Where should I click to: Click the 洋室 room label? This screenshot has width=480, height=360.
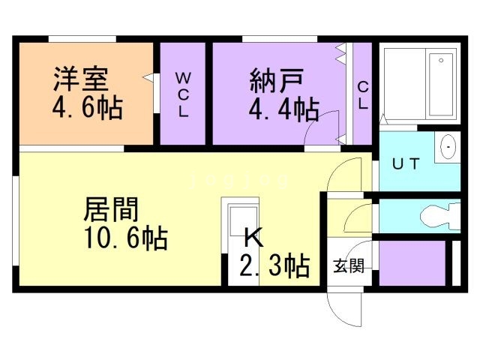pyautogui.click(x=80, y=79)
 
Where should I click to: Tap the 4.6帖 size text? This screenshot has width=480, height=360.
pyautogui.click(x=88, y=108)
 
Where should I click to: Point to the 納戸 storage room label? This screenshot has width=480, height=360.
pyautogui.click(x=277, y=81)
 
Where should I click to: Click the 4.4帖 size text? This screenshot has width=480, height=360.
pyautogui.click(x=283, y=109)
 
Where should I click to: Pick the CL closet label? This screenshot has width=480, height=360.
pyautogui.click(x=363, y=95)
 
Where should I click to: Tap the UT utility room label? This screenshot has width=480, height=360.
pyautogui.click(x=406, y=164)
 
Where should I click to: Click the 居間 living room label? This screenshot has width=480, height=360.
pyautogui.click(x=111, y=210)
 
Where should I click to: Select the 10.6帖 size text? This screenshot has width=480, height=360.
pyautogui.click(x=126, y=238)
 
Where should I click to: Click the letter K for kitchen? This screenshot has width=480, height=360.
pyautogui.click(x=253, y=238)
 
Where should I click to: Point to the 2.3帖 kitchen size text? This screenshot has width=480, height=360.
pyautogui.click(x=274, y=265)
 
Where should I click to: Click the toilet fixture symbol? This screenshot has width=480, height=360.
pyautogui.click(x=440, y=217)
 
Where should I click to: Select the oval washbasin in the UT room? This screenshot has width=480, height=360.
pyautogui.click(x=448, y=147)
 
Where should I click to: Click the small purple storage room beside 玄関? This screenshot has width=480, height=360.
pyautogui.click(x=412, y=263)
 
